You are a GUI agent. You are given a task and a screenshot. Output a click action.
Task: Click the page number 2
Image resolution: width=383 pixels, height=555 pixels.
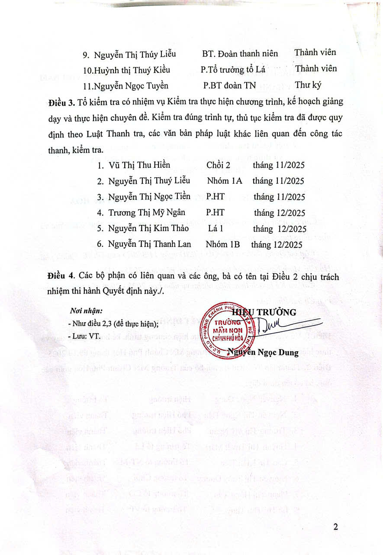pos(336,527)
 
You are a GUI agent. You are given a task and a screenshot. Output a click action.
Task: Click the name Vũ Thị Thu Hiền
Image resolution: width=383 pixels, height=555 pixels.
pos(139,165)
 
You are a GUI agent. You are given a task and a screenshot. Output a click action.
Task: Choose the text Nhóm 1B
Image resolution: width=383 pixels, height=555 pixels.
pos(223,244)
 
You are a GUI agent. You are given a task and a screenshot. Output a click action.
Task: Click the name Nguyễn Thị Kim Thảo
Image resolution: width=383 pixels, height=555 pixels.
pos(150,229)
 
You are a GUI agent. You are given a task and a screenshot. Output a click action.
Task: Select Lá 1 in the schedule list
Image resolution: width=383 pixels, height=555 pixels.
pos(215,229)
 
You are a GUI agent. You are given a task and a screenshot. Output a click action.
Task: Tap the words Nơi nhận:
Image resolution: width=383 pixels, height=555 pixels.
pos(86,311)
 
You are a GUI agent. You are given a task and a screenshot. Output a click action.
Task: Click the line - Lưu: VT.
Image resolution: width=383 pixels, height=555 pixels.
pos(84,336)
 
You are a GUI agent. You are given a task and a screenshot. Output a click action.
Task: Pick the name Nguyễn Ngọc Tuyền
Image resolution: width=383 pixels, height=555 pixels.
pos(132,85)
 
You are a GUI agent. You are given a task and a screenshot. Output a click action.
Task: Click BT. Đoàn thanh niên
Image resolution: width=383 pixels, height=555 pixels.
pos(240,53)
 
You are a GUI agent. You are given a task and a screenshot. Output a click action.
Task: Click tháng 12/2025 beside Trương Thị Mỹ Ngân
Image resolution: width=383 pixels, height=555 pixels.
pos(280,212)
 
